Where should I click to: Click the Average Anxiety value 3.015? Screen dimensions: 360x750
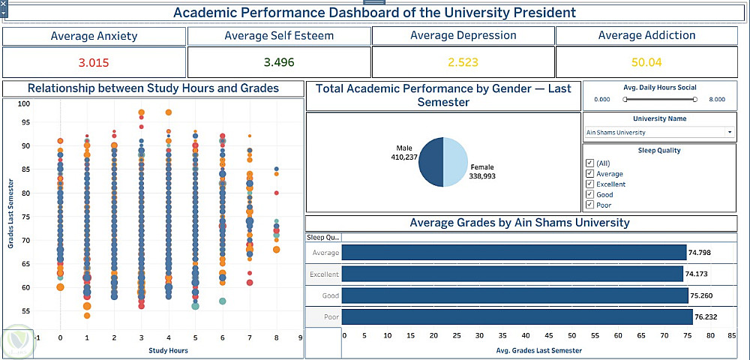(94, 62)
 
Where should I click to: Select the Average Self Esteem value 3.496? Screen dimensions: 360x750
(279, 62)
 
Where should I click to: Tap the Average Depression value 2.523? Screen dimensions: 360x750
(463, 62)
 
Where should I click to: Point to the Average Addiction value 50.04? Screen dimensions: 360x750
(646, 62)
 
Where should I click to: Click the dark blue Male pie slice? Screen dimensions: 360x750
(430, 162)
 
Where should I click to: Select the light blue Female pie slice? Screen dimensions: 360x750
(456, 162)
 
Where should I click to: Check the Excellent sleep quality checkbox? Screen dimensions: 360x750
(590, 184)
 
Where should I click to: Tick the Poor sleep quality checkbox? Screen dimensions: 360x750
(590, 205)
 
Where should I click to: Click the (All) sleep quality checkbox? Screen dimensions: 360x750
(590, 163)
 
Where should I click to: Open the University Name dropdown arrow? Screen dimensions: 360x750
(730, 133)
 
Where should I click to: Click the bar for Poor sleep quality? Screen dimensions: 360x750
(517, 316)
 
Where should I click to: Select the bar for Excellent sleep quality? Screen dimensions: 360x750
(512, 274)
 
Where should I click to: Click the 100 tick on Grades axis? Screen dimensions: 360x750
(24, 104)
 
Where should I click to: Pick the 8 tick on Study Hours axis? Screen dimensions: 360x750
(276, 338)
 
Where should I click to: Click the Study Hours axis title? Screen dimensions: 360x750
(168, 350)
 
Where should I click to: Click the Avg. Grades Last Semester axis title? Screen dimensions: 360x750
(538, 350)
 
